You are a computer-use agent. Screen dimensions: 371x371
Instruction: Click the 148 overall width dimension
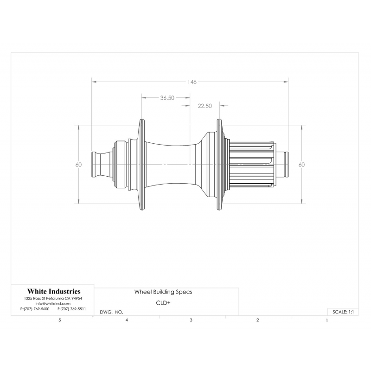(192, 82)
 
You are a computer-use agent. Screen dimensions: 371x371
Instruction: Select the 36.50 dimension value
(167, 98)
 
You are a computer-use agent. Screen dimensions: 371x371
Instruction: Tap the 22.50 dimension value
(205, 106)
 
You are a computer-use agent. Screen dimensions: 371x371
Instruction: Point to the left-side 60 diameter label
(78, 165)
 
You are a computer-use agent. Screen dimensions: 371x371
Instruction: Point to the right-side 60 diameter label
(301, 165)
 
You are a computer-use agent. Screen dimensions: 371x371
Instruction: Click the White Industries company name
(54, 291)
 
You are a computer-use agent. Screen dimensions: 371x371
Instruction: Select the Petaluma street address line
(53, 298)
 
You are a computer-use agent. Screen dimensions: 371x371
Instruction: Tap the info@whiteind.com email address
(53, 304)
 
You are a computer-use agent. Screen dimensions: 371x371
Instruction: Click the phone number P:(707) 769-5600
(35, 309)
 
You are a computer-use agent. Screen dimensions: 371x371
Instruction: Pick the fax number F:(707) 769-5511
(72, 309)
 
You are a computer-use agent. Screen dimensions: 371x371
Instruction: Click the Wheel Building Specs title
(163, 292)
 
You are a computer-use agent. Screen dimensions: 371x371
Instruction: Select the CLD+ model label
(163, 303)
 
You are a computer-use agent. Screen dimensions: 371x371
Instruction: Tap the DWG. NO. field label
(111, 312)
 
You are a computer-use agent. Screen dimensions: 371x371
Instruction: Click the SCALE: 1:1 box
(343, 312)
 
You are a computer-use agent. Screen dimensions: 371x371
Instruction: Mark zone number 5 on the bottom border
(60, 320)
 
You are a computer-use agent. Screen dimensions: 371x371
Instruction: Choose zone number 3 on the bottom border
(191, 320)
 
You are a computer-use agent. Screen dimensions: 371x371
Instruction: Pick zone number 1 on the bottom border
(327, 320)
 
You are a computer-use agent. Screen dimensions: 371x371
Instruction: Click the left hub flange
(142, 165)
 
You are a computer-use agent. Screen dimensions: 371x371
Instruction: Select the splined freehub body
(252, 165)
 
